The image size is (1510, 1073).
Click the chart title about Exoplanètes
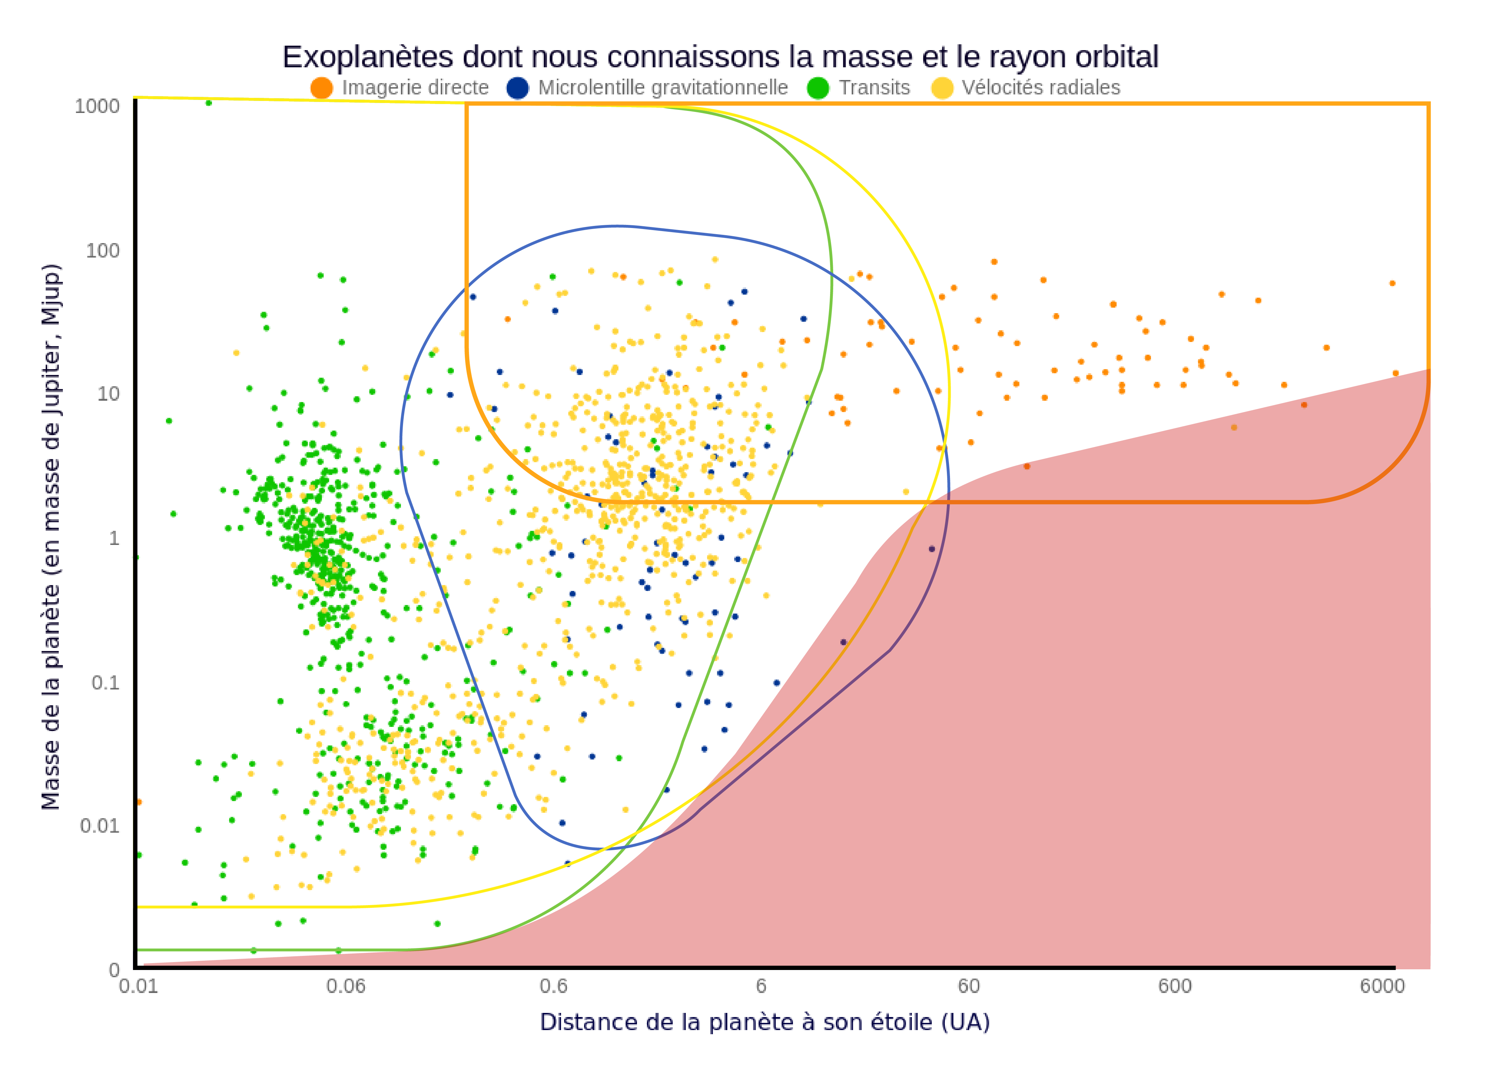[x=720, y=57]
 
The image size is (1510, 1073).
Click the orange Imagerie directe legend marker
[x=321, y=88]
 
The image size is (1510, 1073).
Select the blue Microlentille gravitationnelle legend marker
[x=518, y=88]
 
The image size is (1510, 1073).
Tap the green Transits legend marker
[x=818, y=88]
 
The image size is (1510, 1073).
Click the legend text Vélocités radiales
[x=1041, y=88]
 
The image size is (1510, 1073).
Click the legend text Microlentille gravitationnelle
[x=662, y=88]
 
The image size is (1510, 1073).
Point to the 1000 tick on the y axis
[x=97, y=106]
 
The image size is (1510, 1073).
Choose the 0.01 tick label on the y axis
[x=100, y=826]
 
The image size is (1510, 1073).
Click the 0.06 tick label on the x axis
[x=346, y=986]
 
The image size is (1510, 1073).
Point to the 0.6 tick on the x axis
[x=553, y=986]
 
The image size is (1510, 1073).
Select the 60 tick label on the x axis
[x=969, y=986]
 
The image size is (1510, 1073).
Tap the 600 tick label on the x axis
[x=1175, y=986]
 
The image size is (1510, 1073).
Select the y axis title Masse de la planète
[x=51, y=536]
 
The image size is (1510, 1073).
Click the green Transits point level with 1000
[x=209, y=102]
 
